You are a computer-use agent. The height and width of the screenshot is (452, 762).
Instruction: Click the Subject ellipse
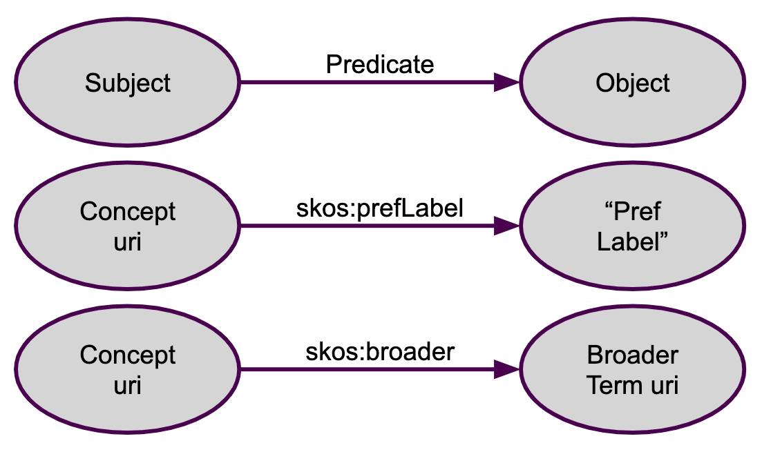click(x=127, y=82)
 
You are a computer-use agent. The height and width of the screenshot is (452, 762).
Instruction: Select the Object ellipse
click(x=632, y=82)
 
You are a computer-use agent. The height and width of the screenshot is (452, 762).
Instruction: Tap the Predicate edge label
click(x=379, y=65)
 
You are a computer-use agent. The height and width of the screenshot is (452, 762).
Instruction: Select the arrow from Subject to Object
click(x=380, y=82)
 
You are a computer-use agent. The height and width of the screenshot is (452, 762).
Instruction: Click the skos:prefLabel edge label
click(x=379, y=208)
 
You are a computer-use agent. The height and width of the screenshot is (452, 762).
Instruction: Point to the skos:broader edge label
click(x=379, y=351)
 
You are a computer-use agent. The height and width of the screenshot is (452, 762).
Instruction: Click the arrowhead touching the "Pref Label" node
click(x=507, y=226)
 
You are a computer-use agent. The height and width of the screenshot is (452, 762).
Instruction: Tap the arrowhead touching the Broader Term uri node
click(x=507, y=369)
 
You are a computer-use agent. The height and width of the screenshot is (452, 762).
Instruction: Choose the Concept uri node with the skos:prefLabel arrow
click(x=127, y=226)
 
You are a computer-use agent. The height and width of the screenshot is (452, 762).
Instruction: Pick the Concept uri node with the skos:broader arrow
click(x=127, y=369)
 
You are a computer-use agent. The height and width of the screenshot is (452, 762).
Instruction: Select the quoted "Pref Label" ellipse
click(x=632, y=226)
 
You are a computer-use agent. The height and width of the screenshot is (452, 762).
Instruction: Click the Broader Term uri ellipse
click(x=632, y=369)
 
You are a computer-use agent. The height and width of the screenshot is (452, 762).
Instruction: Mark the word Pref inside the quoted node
click(x=637, y=212)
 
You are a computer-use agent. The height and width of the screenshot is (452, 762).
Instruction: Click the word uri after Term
click(x=665, y=386)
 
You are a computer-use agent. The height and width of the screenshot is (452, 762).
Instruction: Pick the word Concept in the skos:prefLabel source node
click(x=127, y=212)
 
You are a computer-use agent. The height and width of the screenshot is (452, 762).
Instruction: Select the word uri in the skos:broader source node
click(x=127, y=386)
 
